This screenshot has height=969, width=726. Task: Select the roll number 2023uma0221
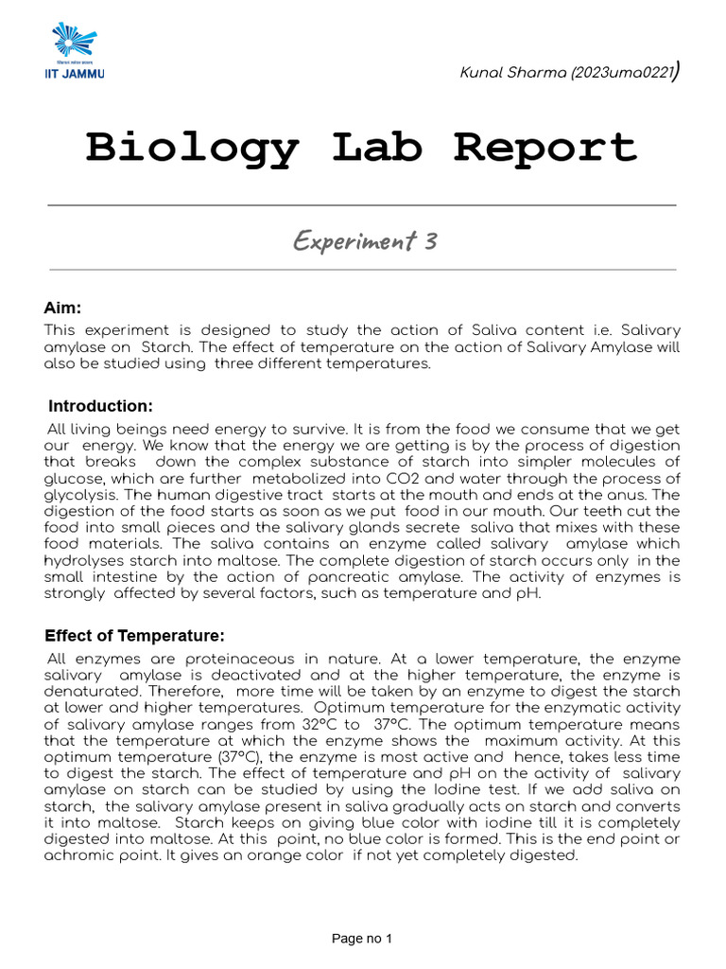point(621,74)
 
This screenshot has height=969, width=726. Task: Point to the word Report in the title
point(545,148)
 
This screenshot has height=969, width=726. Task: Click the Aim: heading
point(63,308)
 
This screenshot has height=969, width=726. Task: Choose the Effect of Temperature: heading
point(135,636)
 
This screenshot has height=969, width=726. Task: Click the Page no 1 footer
point(361,939)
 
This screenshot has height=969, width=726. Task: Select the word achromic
point(78,855)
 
